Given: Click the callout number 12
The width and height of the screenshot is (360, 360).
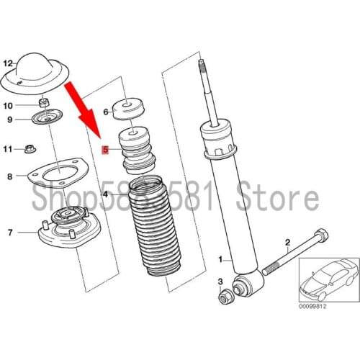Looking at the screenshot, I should tap(9, 63).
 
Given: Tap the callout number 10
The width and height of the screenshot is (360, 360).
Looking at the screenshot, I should tap(9, 105).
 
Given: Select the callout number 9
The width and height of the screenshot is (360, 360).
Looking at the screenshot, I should tap(9, 120).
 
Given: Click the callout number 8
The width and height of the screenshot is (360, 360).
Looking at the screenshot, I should tap(9, 176).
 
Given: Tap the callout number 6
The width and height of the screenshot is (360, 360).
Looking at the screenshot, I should tap(106, 112).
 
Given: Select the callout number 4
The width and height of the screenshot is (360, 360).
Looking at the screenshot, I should tap(106, 194).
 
